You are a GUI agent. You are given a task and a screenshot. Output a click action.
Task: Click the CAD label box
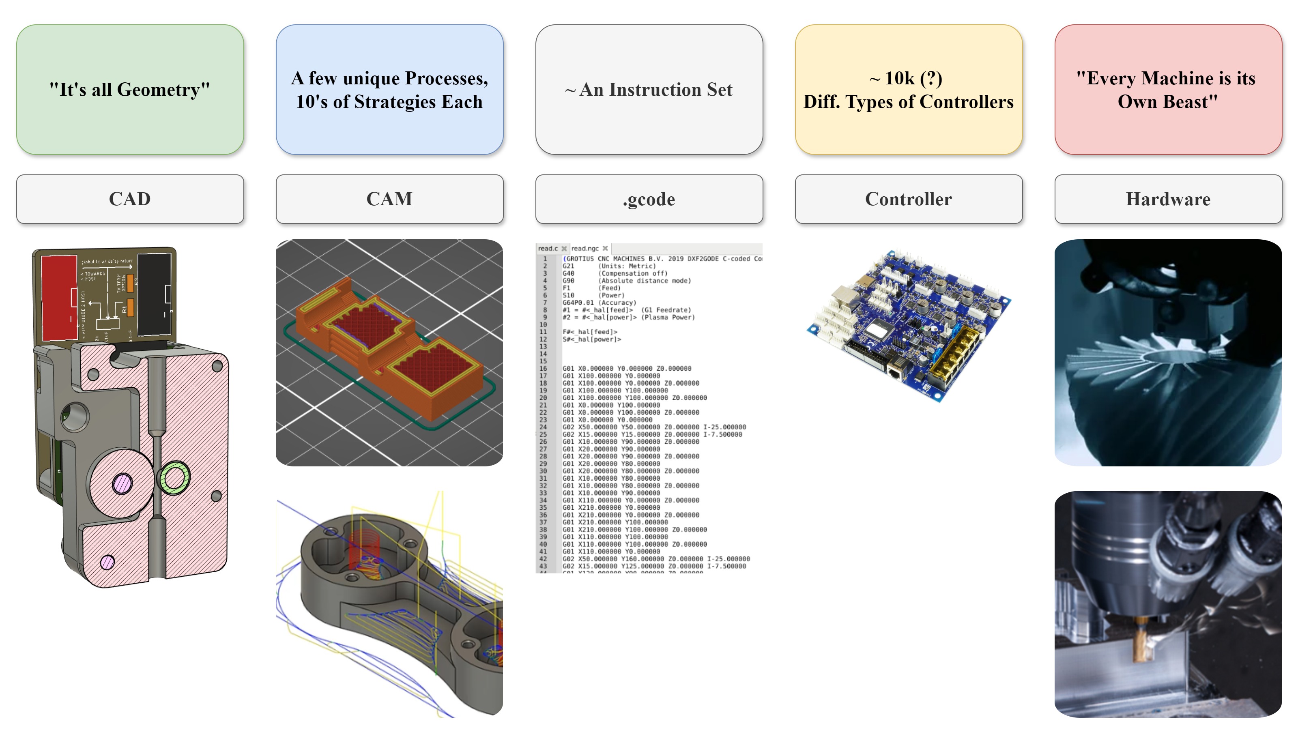pyautogui.click(x=129, y=199)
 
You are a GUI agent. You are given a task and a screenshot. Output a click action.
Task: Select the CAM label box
pyautogui.click(x=389, y=199)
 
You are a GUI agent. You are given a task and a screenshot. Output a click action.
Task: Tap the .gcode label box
pyautogui.click(x=649, y=199)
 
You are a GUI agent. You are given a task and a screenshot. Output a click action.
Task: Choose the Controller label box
pyautogui.click(x=908, y=199)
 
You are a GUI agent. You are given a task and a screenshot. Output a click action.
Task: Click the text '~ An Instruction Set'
pyautogui.click(x=649, y=90)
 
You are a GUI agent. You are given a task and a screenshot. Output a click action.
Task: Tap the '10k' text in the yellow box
pyautogui.click(x=899, y=78)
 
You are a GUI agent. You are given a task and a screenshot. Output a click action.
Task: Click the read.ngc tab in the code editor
pyautogui.click(x=585, y=248)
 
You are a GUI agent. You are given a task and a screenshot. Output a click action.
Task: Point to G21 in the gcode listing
pyautogui.click(x=568, y=266)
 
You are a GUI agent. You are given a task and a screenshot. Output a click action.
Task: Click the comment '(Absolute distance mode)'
pyautogui.click(x=645, y=281)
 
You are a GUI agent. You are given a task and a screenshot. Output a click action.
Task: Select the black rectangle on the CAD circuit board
pyautogui.click(x=154, y=295)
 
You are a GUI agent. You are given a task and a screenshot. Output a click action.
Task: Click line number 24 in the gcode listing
pyautogui.click(x=543, y=427)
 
